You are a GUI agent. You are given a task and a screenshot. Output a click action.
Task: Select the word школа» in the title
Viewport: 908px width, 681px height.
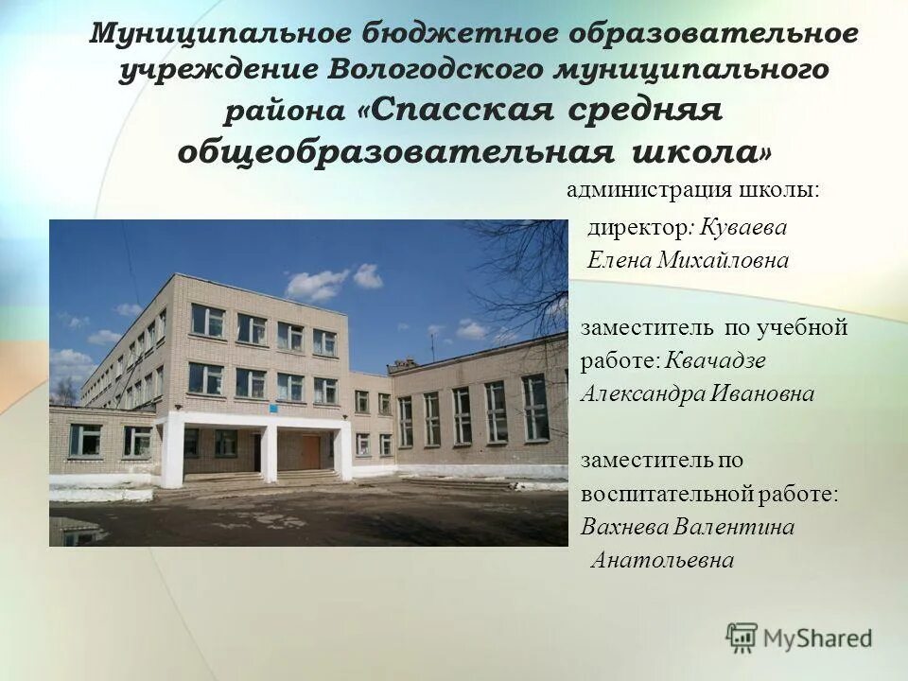tap(695, 151)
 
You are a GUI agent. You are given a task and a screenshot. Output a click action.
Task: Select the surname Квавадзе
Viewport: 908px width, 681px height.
tap(716, 360)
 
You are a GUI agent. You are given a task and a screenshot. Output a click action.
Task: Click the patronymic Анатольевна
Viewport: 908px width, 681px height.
tap(662, 560)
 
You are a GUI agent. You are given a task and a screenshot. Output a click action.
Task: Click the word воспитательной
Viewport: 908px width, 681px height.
tap(667, 494)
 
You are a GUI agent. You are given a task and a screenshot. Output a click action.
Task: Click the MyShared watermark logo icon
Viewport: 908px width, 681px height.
tap(742, 637)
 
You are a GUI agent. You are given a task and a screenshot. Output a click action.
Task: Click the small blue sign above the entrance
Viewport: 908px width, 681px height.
tap(273, 409)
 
